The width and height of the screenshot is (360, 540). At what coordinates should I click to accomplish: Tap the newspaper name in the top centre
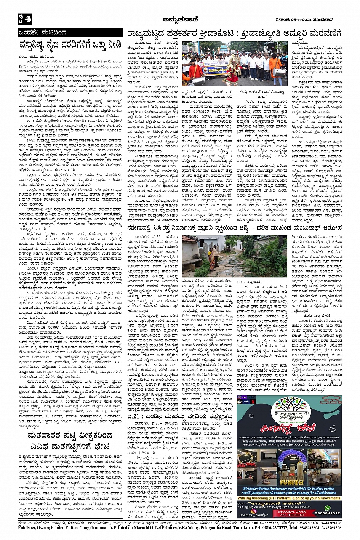click(x=179, y=19)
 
